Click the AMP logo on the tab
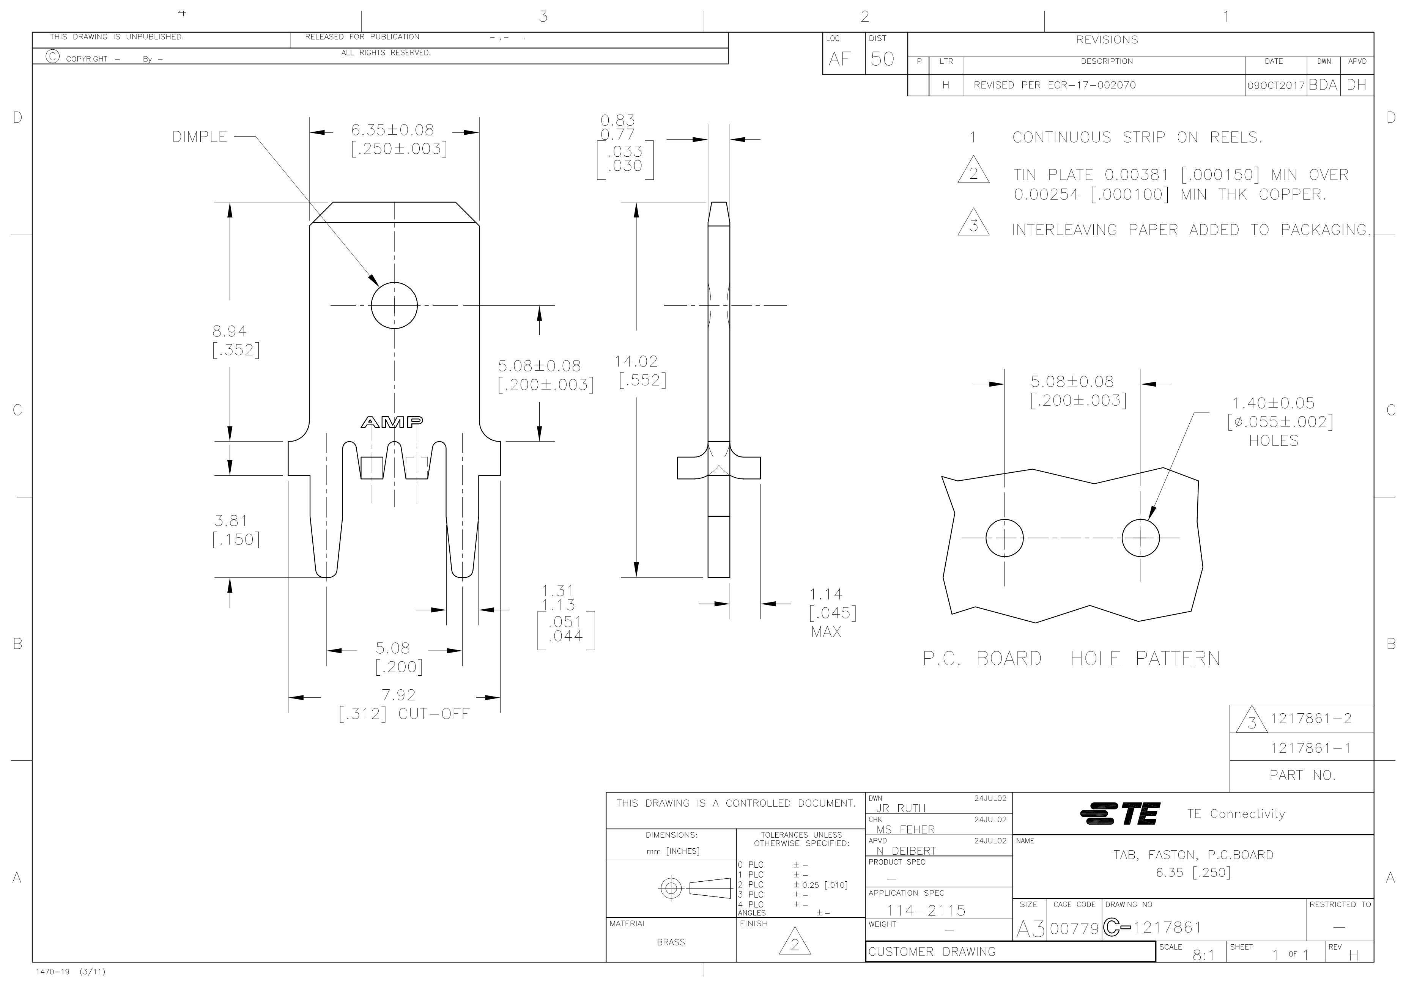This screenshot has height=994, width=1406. pyautogui.click(x=392, y=422)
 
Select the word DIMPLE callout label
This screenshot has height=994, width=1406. pyautogui.click(x=200, y=137)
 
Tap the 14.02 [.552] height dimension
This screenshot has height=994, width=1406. pyautogui.click(x=641, y=371)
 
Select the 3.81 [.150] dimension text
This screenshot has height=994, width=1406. pyautogui.click(x=236, y=530)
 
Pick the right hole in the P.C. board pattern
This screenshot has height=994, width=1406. pyautogui.click(x=1141, y=538)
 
